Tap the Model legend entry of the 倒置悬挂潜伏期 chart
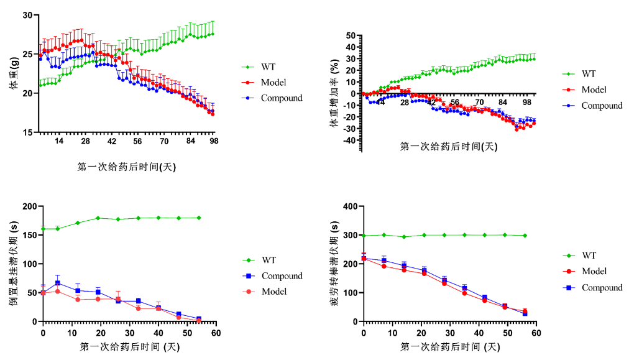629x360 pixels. [273, 292]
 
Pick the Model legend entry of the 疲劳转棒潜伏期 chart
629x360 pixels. [594, 271]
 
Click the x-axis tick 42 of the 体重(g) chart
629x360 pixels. [112, 142]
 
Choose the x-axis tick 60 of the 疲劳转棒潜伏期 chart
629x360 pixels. [536, 333]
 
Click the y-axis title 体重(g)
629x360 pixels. [14, 74]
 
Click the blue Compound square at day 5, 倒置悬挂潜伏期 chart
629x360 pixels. [58, 283]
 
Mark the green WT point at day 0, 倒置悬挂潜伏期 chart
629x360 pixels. [44, 229]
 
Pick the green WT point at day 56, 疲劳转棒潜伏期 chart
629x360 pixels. [525, 236]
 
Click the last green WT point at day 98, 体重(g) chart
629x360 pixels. [213, 34]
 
